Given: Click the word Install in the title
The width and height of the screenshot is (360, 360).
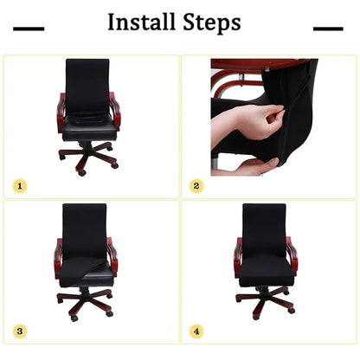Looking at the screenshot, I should point(141,22).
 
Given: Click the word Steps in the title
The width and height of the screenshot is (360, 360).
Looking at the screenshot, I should point(209,23).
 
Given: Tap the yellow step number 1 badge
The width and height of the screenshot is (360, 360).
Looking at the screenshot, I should point(20,185).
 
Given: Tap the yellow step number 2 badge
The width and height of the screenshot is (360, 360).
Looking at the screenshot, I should point(196,185).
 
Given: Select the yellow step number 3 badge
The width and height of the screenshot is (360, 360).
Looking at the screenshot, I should point(20,331).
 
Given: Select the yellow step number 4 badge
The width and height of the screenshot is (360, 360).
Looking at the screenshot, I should point(196,331).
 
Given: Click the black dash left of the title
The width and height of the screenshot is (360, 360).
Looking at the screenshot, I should point(29,29).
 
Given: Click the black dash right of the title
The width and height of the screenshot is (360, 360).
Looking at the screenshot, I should point(328,29).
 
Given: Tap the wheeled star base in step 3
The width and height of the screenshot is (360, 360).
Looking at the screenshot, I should point(86,303).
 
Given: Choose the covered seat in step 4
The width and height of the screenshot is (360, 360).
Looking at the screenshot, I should point(265,269).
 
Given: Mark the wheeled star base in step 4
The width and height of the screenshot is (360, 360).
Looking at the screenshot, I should point(264,303).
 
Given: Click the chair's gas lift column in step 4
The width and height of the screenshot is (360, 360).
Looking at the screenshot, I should point(264,289).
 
